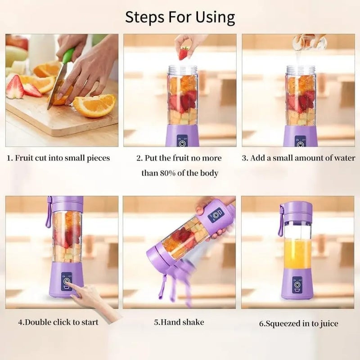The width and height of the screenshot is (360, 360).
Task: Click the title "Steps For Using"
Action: tap(180, 17)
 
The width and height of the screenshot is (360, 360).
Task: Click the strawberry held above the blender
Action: tap(184, 53)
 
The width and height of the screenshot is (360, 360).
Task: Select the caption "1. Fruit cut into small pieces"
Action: tap(58, 158)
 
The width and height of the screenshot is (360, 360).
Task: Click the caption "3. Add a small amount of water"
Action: tap(298, 158)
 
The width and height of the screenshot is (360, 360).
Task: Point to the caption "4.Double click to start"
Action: tap(58, 322)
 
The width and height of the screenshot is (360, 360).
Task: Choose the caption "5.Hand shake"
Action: tap(179, 322)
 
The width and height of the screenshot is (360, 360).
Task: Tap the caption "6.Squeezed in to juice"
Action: tap(298, 323)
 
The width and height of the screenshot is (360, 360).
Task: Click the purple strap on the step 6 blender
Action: tap(281, 220)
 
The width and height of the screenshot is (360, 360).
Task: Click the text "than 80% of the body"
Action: tap(180, 173)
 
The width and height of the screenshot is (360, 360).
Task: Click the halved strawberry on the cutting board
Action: tap(15, 88)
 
